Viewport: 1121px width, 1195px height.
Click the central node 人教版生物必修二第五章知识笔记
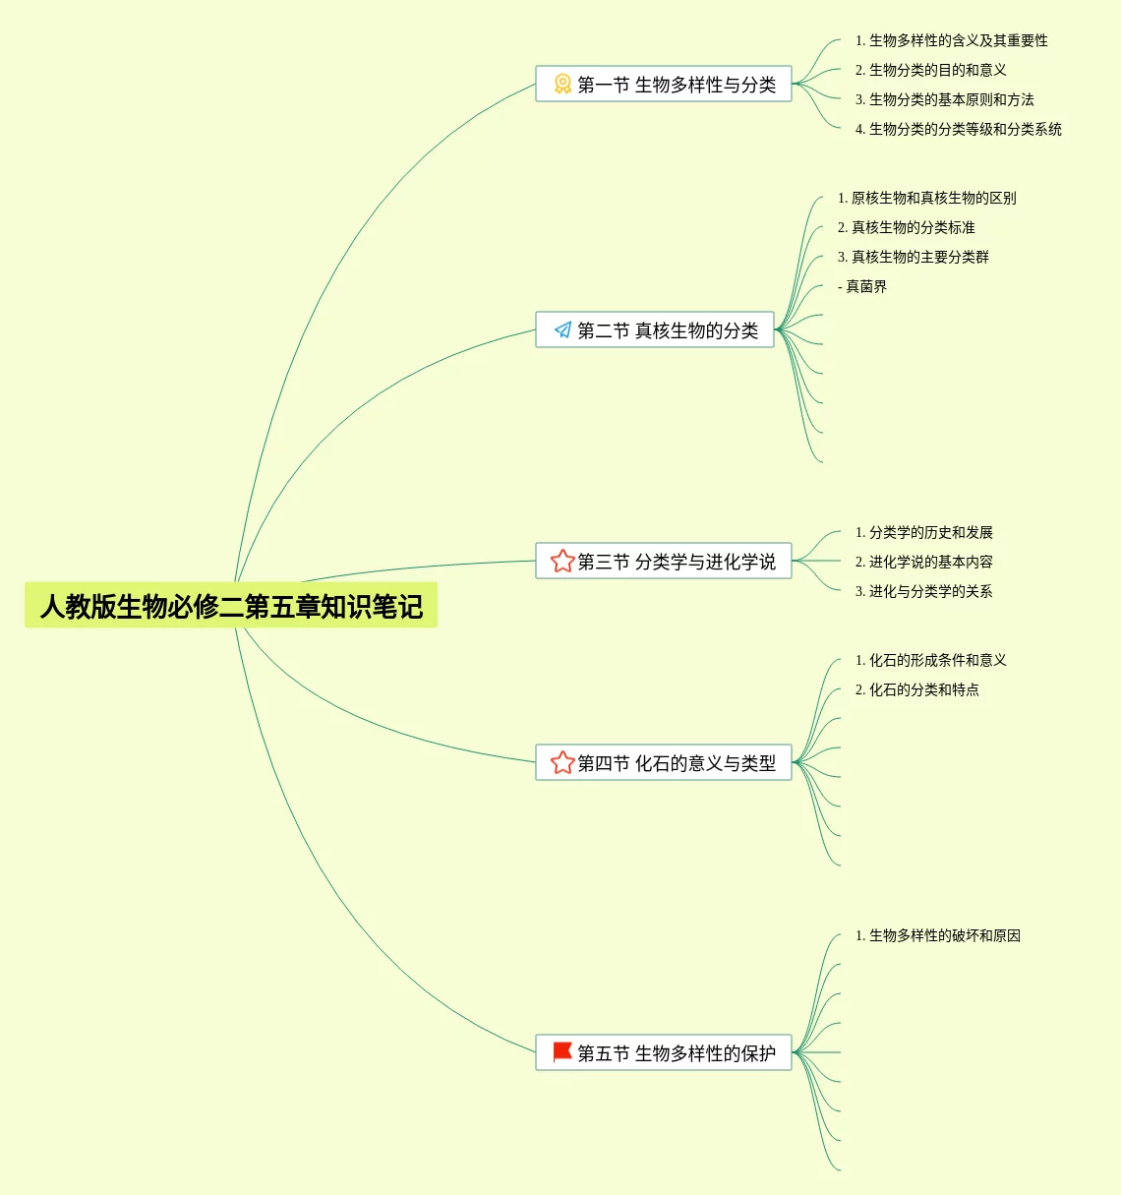coord(231,606)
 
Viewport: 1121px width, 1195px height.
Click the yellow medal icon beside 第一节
coord(562,85)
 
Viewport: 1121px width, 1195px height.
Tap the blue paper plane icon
coord(562,330)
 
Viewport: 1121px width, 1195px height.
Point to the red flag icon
coord(562,1052)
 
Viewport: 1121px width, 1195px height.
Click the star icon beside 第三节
coord(562,562)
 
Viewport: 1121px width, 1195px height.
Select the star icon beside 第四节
coord(562,763)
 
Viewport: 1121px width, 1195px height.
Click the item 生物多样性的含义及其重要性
coord(951,40)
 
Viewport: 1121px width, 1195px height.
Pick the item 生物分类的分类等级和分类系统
coord(958,129)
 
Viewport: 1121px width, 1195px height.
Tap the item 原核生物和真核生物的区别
coord(926,198)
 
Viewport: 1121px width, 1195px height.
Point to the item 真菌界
coord(862,286)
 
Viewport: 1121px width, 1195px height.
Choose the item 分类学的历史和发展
coord(923,532)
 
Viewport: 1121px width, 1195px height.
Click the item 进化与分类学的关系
coord(923,591)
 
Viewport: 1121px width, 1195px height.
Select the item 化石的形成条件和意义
coord(930,660)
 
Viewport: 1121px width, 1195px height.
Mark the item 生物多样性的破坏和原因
coord(937,935)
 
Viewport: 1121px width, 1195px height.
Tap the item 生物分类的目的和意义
coord(930,70)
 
